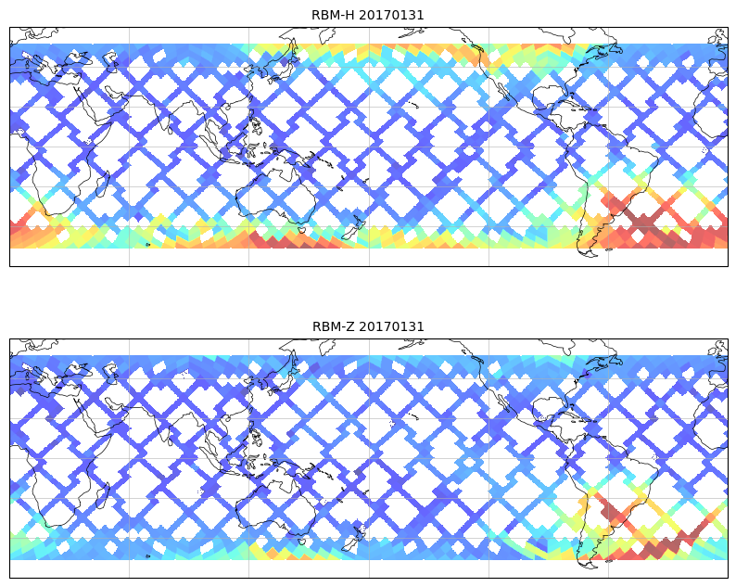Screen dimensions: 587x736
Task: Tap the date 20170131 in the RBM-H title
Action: pos(391,15)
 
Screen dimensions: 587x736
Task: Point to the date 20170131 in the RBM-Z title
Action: pos(391,326)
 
